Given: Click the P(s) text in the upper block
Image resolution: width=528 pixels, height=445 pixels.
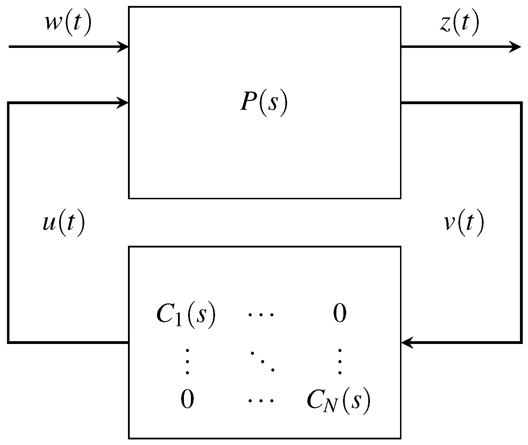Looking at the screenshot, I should click(264, 104).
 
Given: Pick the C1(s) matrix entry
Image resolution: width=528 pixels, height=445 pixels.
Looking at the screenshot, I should click(186, 315).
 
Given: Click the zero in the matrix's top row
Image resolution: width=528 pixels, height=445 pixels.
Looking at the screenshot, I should click(340, 314).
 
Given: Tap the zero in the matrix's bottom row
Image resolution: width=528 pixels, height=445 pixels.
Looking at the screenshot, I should click(187, 400).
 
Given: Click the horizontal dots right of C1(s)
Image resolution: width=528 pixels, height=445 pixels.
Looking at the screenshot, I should click(261, 315).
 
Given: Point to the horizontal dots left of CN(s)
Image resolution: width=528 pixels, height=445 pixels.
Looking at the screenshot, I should click(261, 401).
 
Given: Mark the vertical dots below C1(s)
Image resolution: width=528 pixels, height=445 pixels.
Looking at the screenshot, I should click(187, 361).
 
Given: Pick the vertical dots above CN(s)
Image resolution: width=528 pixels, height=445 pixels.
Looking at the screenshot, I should click(340, 361).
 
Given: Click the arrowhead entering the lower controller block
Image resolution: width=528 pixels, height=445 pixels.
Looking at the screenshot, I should click(407, 342).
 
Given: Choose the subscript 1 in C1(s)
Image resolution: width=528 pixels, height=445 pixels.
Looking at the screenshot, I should click(178, 321).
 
